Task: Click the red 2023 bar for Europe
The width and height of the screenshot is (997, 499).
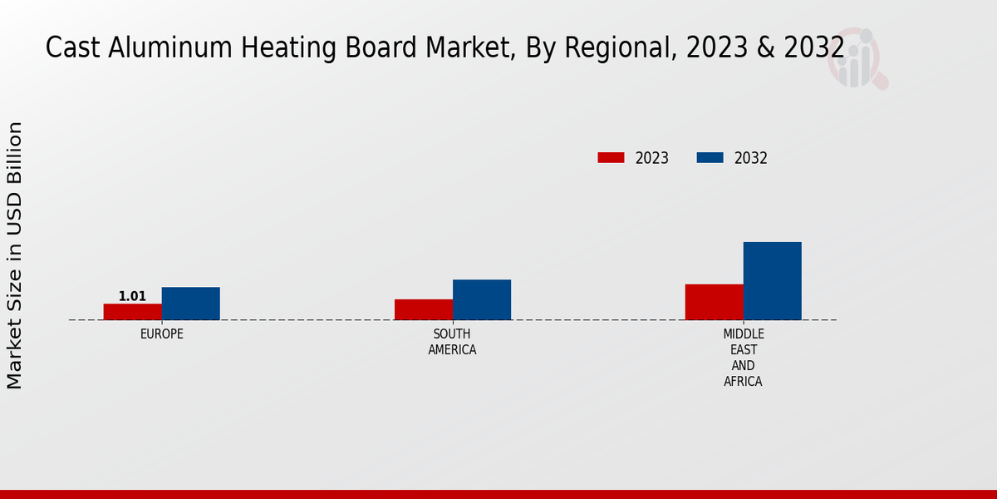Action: (x=133, y=312)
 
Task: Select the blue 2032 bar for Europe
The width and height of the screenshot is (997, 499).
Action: (x=191, y=304)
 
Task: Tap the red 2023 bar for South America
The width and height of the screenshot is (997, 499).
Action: (x=424, y=309)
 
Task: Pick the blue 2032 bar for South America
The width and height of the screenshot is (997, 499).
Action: (x=482, y=299)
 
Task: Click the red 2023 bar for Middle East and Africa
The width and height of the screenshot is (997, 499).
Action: (x=715, y=302)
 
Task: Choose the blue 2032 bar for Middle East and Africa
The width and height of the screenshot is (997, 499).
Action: (x=773, y=281)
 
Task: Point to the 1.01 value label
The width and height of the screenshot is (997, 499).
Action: (x=132, y=296)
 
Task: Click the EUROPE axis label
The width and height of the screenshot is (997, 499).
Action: (x=162, y=334)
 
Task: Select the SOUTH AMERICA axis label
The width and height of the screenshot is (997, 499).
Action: (x=452, y=342)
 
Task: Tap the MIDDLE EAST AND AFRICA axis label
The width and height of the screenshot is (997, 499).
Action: (x=743, y=358)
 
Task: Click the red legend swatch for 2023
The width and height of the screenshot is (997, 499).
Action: (x=611, y=158)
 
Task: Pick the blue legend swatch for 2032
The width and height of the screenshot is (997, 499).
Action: (x=710, y=158)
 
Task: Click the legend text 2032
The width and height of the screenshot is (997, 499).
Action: (x=751, y=158)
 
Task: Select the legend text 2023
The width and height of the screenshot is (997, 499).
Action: (x=652, y=158)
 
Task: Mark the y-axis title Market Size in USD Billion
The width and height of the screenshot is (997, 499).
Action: (x=15, y=255)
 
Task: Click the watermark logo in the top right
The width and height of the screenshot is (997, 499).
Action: (x=856, y=58)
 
